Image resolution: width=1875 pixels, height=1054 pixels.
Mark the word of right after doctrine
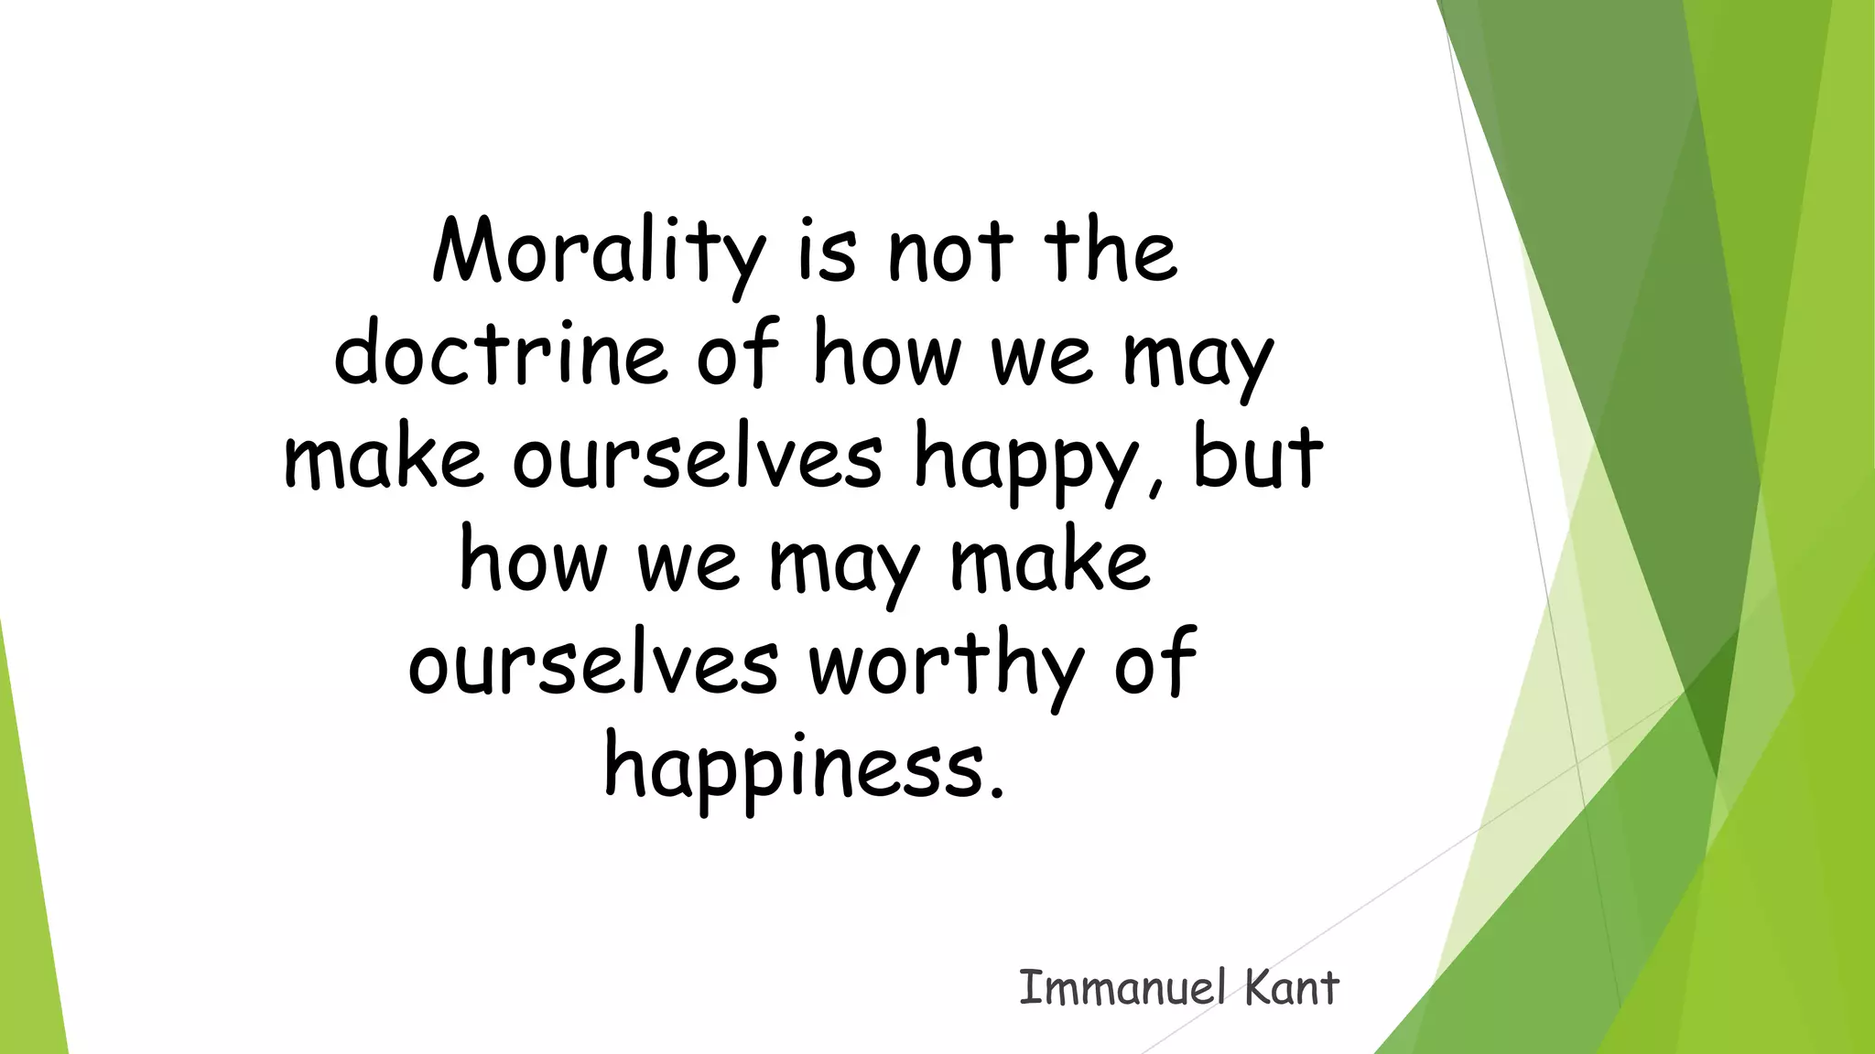(737, 353)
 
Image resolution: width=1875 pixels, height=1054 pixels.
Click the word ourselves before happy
(698, 457)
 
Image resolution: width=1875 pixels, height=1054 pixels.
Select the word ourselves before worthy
(593, 664)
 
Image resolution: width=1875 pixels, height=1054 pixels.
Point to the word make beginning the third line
(384, 457)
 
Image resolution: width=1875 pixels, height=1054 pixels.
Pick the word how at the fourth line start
(532, 561)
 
